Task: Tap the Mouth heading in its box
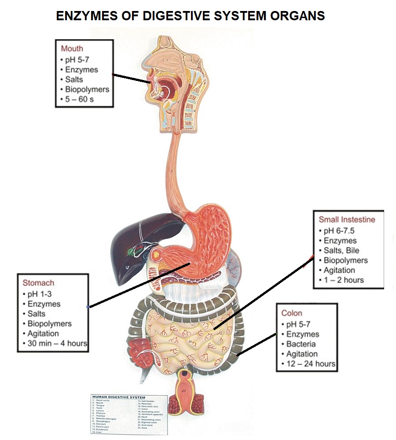[72, 48]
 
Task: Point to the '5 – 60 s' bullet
[79, 99]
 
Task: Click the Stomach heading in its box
[38, 283]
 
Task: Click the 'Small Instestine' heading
[347, 219]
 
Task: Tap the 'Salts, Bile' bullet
[341, 250]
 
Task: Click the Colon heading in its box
[292, 313]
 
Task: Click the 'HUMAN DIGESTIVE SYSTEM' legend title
[118, 397]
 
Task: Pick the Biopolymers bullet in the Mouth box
[87, 89]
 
